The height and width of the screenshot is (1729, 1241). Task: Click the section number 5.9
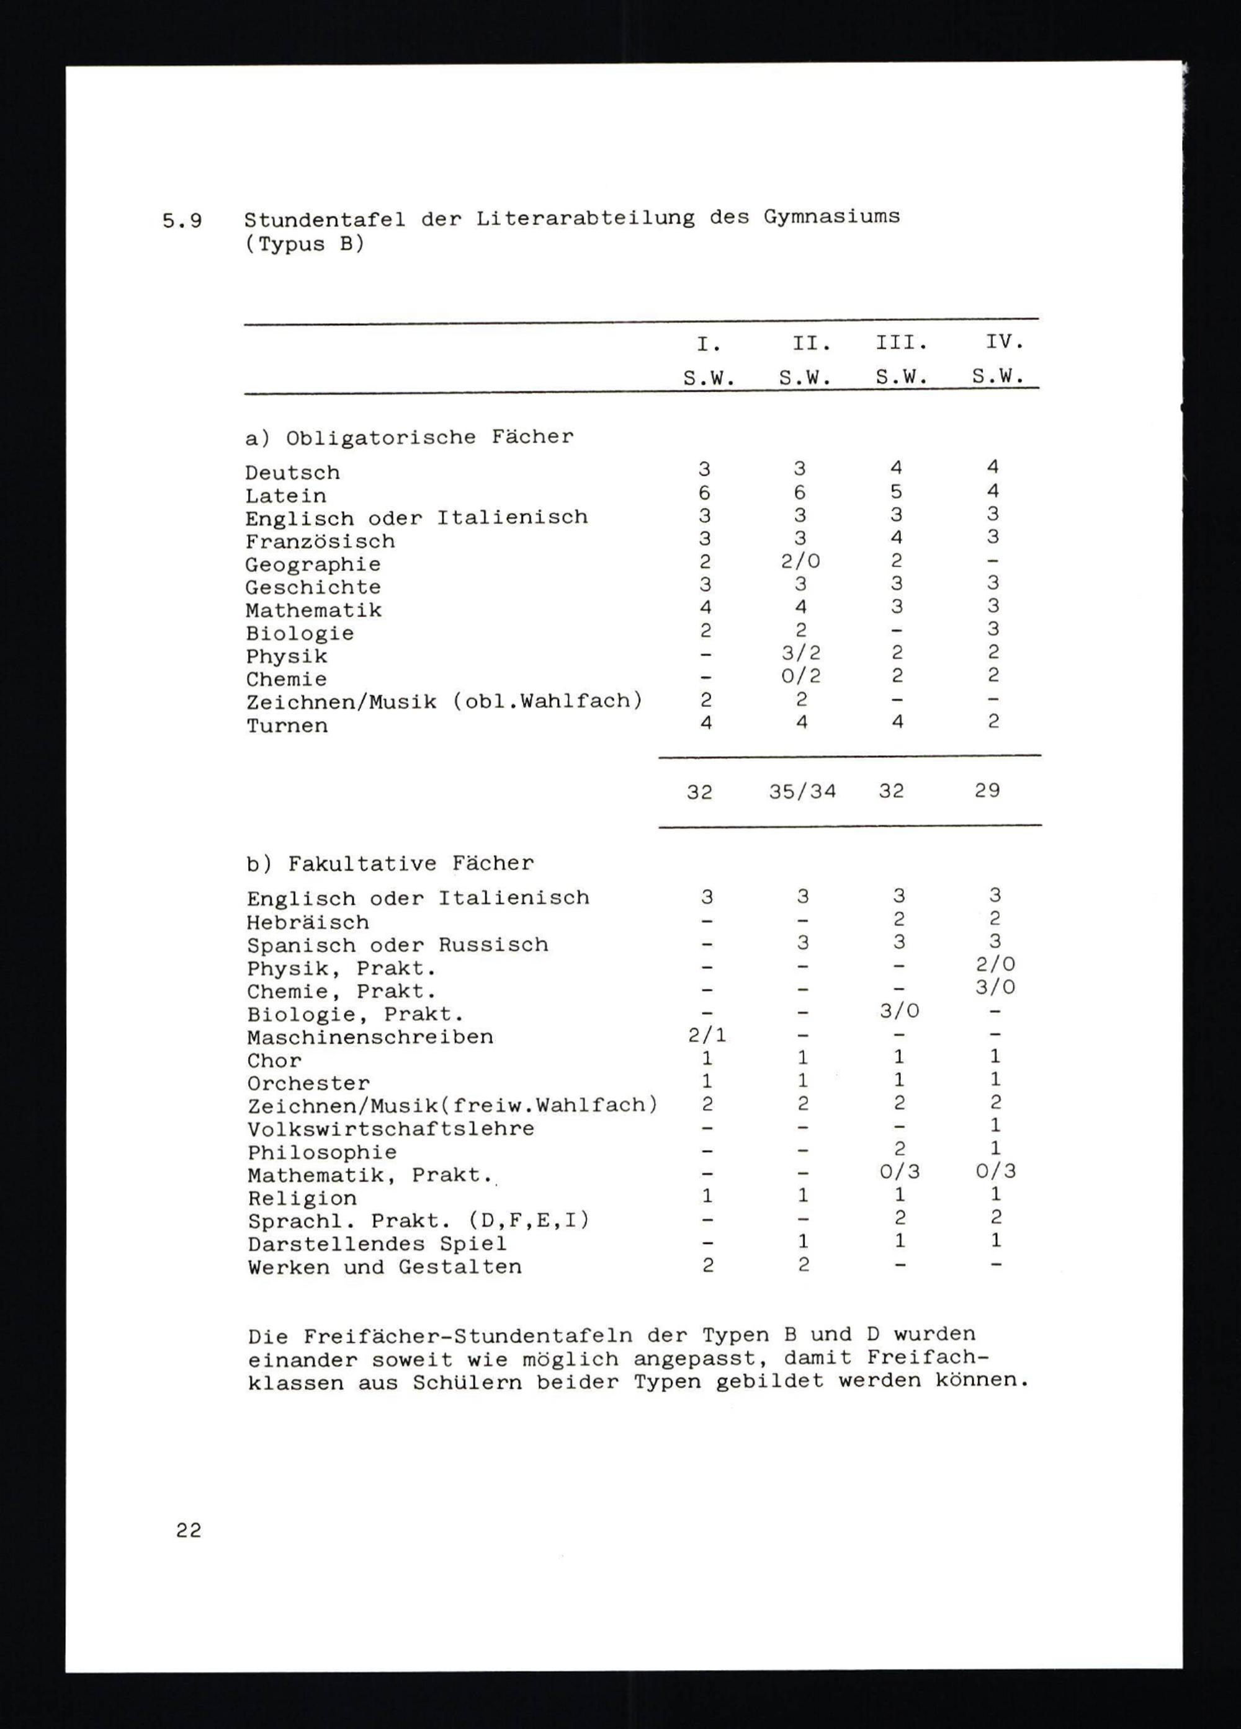[x=182, y=221]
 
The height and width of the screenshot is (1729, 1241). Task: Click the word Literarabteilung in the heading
[x=585, y=218]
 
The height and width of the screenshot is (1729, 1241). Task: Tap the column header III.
[x=902, y=343]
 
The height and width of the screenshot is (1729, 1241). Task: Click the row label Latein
[x=285, y=496]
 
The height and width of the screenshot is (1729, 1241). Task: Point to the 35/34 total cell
[x=802, y=791]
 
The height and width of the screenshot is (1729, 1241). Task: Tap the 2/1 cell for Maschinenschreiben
[x=707, y=1034]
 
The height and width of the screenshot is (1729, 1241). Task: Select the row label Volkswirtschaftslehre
[x=390, y=1128]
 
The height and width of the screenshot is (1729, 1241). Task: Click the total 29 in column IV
[x=987, y=791]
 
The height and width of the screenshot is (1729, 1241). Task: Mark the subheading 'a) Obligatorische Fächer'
[x=409, y=438]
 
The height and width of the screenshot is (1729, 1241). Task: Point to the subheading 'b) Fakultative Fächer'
[x=390, y=864]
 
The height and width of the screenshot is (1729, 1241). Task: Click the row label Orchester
[x=308, y=1083]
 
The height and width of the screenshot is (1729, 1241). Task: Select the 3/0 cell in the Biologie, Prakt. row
[x=898, y=1011]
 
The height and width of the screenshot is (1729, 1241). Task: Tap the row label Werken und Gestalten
[x=385, y=1267]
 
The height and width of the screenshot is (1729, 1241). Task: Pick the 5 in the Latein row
[x=897, y=492]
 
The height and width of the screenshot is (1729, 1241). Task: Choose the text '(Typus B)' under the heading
[x=304, y=246]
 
